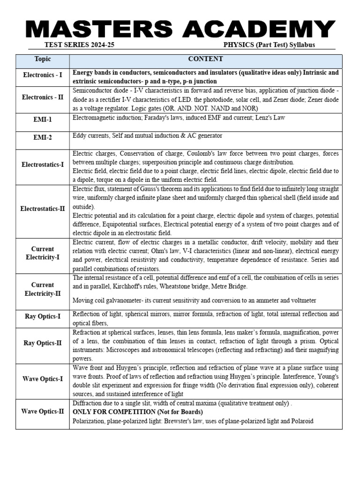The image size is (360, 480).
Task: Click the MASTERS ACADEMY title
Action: pos(180,30)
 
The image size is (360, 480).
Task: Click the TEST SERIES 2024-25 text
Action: pos(79,45)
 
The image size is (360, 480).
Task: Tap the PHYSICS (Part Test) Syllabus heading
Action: pos(269,45)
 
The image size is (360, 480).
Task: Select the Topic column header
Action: pos(43,59)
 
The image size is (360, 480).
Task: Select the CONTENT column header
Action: pos(205,59)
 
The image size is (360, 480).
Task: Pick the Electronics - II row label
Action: pos(43,97)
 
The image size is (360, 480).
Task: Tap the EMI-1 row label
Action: pos(43,120)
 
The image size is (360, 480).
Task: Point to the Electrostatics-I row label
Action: pos(43,165)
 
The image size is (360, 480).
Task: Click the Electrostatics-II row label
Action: pos(43,209)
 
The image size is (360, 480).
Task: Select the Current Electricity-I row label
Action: pos(43,253)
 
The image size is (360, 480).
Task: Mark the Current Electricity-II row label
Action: pos(43,289)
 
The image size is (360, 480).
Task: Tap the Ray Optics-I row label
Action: pos(43,316)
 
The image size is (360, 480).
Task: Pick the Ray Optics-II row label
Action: pos(43,343)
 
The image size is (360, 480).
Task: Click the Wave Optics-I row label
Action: pos(43,379)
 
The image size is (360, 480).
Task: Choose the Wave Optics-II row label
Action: pos(43,412)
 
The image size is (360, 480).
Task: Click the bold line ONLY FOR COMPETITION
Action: pos(137,412)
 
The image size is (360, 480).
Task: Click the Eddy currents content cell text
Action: pos(147,136)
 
